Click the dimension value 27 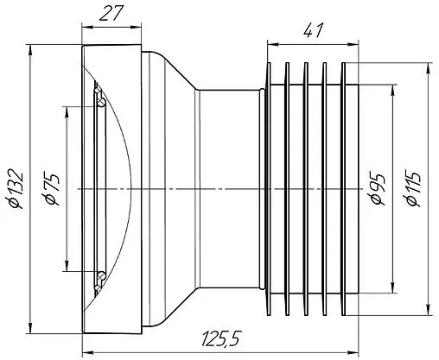pyautogui.click(x=111, y=14)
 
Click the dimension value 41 pyautogui.click(x=314, y=30)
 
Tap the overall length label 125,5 pyautogui.click(x=220, y=338)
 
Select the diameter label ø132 pyautogui.click(x=15, y=189)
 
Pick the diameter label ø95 pyautogui.click(x=378, y=189)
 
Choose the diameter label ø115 pyautogui.click(x=413, y=189)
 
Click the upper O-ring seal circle pyautogui.click(x=101, y=102)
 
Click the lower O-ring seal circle pyautogui.click(x=101, y=275)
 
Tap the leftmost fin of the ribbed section pyautogui.click(x=269, y=189)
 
